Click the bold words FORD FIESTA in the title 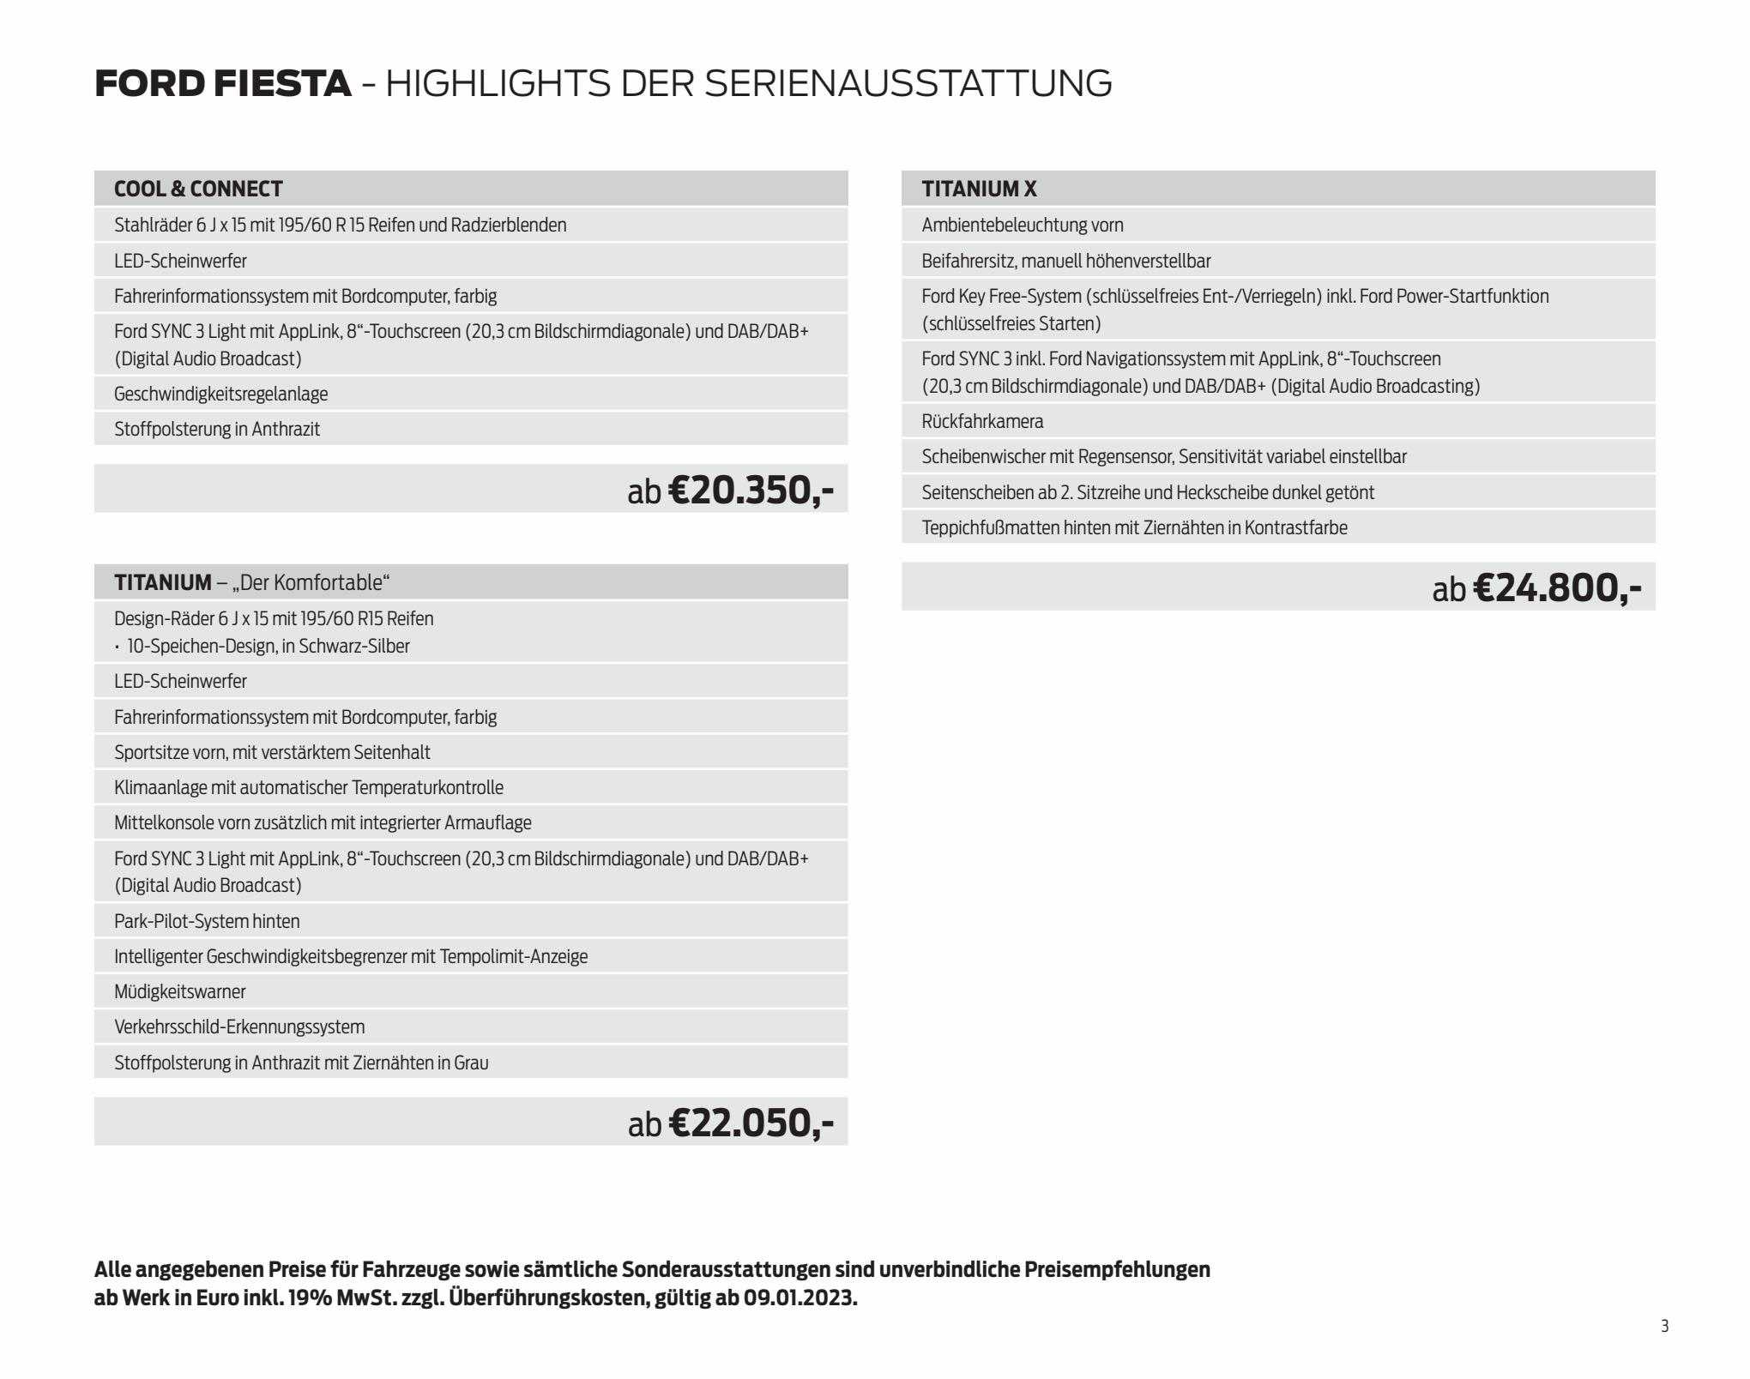[x=223, y=84]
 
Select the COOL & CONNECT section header [x=198, y=189]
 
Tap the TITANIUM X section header [x=979, y=189]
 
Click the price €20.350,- [x=750, y=491]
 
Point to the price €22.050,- [x=750, y=1123]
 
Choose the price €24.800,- [x=1556, y=588]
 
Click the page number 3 [x=1665, y=1327]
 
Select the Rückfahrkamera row [x=982, y=421]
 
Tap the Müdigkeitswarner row [x=180, y=991]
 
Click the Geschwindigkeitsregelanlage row [x=221, y=394]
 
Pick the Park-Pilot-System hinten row [x=207, y=921]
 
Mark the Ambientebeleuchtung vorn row [x=1023, y=225]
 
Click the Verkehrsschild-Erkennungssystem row [x=239, y=1027]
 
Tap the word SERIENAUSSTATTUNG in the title [x=908, y=84]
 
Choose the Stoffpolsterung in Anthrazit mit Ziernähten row [x=301, y=1063]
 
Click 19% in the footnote [x=310, y=1298]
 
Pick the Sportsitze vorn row [x=272, y=752]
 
